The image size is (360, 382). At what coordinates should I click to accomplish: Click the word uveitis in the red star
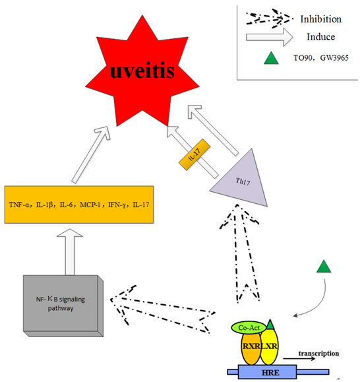142,71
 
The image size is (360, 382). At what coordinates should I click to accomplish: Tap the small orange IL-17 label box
195,154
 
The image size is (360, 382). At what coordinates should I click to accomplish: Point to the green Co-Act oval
249,328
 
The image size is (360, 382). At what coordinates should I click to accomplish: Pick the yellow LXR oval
269,346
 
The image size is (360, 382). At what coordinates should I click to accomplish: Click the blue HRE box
267,372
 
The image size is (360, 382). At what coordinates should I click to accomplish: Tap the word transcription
318,353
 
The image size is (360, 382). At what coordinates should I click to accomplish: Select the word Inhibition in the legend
321,19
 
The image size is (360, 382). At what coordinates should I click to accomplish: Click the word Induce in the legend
321,37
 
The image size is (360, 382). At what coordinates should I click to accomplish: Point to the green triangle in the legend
271,59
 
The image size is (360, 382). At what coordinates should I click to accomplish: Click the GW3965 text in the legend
334,58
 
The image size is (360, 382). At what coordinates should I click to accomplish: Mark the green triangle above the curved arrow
324,267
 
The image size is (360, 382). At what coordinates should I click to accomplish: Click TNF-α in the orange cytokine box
20,205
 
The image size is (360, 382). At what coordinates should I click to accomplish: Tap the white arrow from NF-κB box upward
70,252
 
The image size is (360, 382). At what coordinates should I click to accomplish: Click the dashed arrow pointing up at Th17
240,253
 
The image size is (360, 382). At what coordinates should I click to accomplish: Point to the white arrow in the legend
270,37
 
